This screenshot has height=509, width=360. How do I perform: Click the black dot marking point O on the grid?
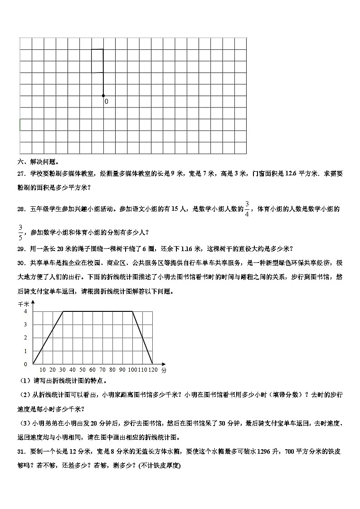tap(103, 96)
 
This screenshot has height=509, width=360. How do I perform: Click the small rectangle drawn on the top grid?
tap(97, 61)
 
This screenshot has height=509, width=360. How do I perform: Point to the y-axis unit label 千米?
tap(23, 304)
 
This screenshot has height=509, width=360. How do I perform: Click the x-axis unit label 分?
tap(163, 370)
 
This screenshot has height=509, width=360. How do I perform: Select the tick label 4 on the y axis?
tap(25, 311)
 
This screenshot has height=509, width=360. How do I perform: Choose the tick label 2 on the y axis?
tap(25, 338)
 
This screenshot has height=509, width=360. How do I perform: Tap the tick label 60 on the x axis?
tap(92, 370)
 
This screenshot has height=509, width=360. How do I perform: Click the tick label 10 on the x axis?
tap(42, 370)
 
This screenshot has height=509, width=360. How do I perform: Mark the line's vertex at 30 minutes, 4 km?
tap(63, 311)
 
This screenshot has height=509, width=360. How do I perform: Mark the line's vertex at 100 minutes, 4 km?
tap(132, 311)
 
